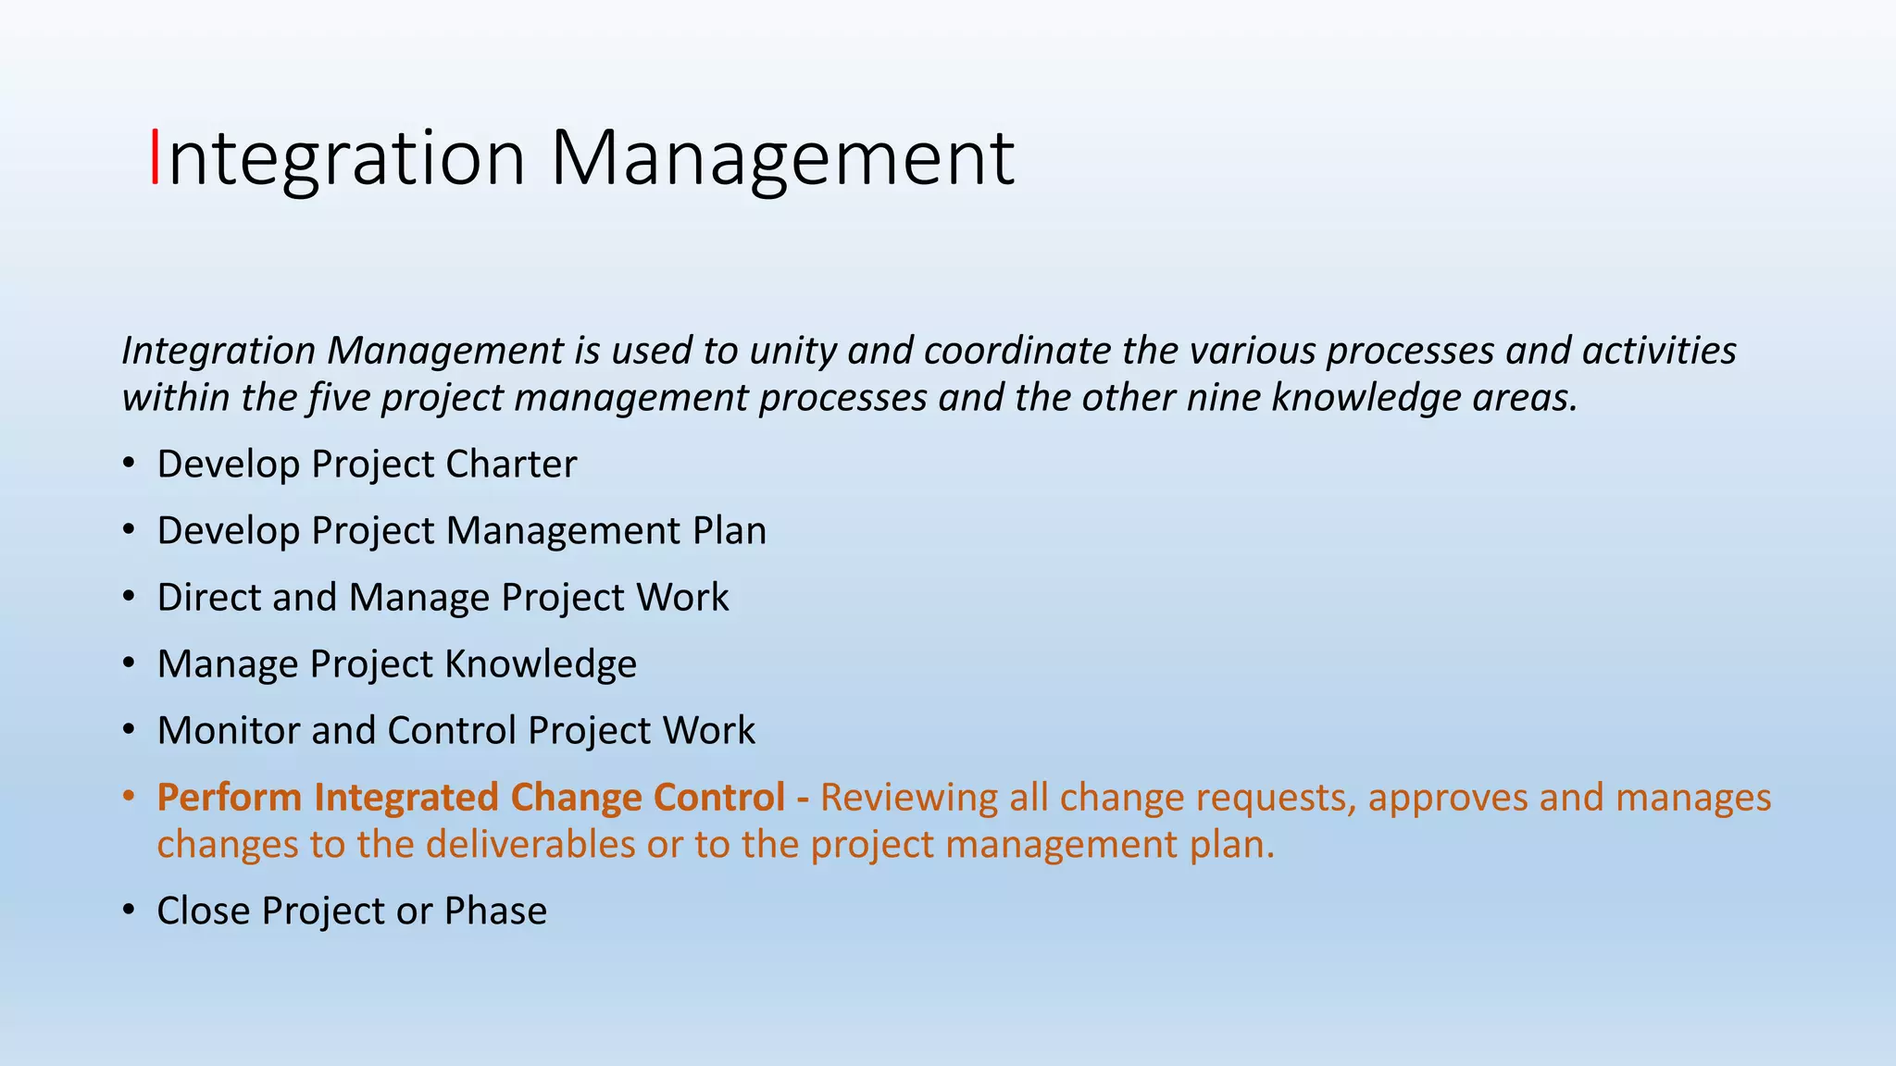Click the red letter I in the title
point(155,157)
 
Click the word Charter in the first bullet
point(511,465)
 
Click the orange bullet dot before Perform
point(130,798)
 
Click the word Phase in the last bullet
point(495,911)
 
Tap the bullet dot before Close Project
point(130,911)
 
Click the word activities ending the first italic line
point(1659,351)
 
